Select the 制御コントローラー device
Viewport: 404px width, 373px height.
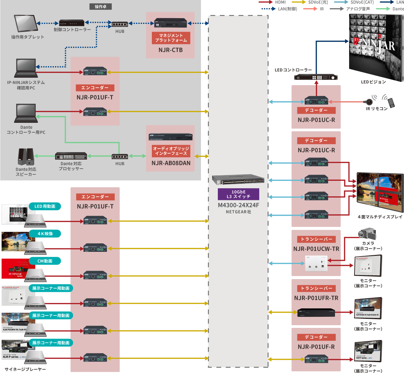click(72, 23)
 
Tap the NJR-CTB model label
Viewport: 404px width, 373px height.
click(171, 50)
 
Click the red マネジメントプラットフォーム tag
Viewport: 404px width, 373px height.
click(171, 38)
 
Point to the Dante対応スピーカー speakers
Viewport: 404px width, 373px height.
click(26, 157)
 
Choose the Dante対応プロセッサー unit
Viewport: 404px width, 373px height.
click(71, 156)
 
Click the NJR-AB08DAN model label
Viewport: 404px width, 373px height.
click(171, 163)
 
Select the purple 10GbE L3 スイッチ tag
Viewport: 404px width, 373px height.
click(238, 194)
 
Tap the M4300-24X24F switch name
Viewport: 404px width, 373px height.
click(238, 205)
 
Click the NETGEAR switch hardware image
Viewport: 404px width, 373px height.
click(238, 180)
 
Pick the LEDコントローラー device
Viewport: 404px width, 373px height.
click(315, 77)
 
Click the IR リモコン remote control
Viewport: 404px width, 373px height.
click(390, 102)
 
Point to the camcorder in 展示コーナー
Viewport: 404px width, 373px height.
click(367, 234)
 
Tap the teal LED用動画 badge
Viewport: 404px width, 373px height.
click(45, 206)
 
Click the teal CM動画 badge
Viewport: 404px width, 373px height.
click(45, 261)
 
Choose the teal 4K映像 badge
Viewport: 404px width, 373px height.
click(45, 234)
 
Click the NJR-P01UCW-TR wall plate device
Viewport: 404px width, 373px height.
click(316, 264)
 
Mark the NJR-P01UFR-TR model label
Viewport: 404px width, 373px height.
click(316, 298)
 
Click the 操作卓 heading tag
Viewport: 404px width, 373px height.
click(100, 6)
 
